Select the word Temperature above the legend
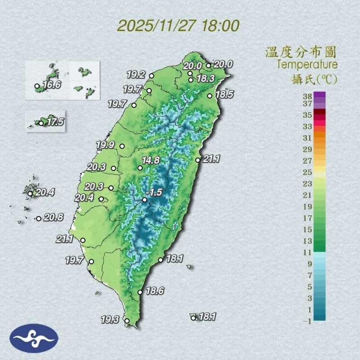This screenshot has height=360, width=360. click(x=307, y=64)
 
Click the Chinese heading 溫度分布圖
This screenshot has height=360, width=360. click(x=301, y=51)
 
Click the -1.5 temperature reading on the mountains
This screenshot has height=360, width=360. click(x=155, y=192)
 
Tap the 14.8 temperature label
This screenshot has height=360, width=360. click(x=151, y=160)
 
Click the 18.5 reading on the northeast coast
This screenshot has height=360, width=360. click(x=224, y=94)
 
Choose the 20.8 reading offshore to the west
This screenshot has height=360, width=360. click(x=53, y=217)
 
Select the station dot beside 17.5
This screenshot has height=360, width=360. click(x=41, y=123)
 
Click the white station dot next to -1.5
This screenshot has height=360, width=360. click(x=144, y=199)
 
